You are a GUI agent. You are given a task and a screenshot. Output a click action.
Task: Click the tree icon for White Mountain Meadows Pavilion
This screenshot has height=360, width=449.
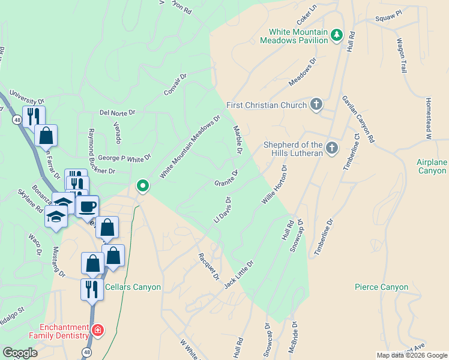337,35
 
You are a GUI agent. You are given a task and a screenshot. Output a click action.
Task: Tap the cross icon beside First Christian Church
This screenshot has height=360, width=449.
316,105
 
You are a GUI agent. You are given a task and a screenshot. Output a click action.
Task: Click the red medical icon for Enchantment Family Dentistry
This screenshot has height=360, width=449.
97,331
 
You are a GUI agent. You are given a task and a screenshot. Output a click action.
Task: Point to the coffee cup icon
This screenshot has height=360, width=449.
88,207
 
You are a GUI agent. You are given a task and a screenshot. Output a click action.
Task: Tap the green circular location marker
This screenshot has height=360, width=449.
142,186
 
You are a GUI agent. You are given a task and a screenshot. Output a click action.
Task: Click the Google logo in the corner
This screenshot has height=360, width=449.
20,353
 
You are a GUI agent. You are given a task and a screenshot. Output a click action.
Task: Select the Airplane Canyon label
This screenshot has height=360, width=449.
432,167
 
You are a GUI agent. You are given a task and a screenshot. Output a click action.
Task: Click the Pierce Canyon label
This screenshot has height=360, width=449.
381,287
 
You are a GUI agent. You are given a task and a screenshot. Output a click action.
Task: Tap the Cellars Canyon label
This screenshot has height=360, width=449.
133,287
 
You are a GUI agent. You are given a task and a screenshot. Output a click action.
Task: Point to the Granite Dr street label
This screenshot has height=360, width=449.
227,178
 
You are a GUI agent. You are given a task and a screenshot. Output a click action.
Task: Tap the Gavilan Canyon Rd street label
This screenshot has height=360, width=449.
358,119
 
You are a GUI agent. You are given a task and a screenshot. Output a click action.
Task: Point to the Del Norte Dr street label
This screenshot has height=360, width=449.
118,112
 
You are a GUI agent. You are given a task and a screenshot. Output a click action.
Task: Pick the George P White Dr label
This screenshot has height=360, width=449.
124,159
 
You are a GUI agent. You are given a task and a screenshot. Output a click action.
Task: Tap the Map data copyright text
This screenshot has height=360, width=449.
411,355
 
